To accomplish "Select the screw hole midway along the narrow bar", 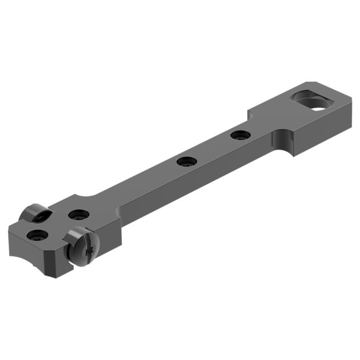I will (x=184, y=162).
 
